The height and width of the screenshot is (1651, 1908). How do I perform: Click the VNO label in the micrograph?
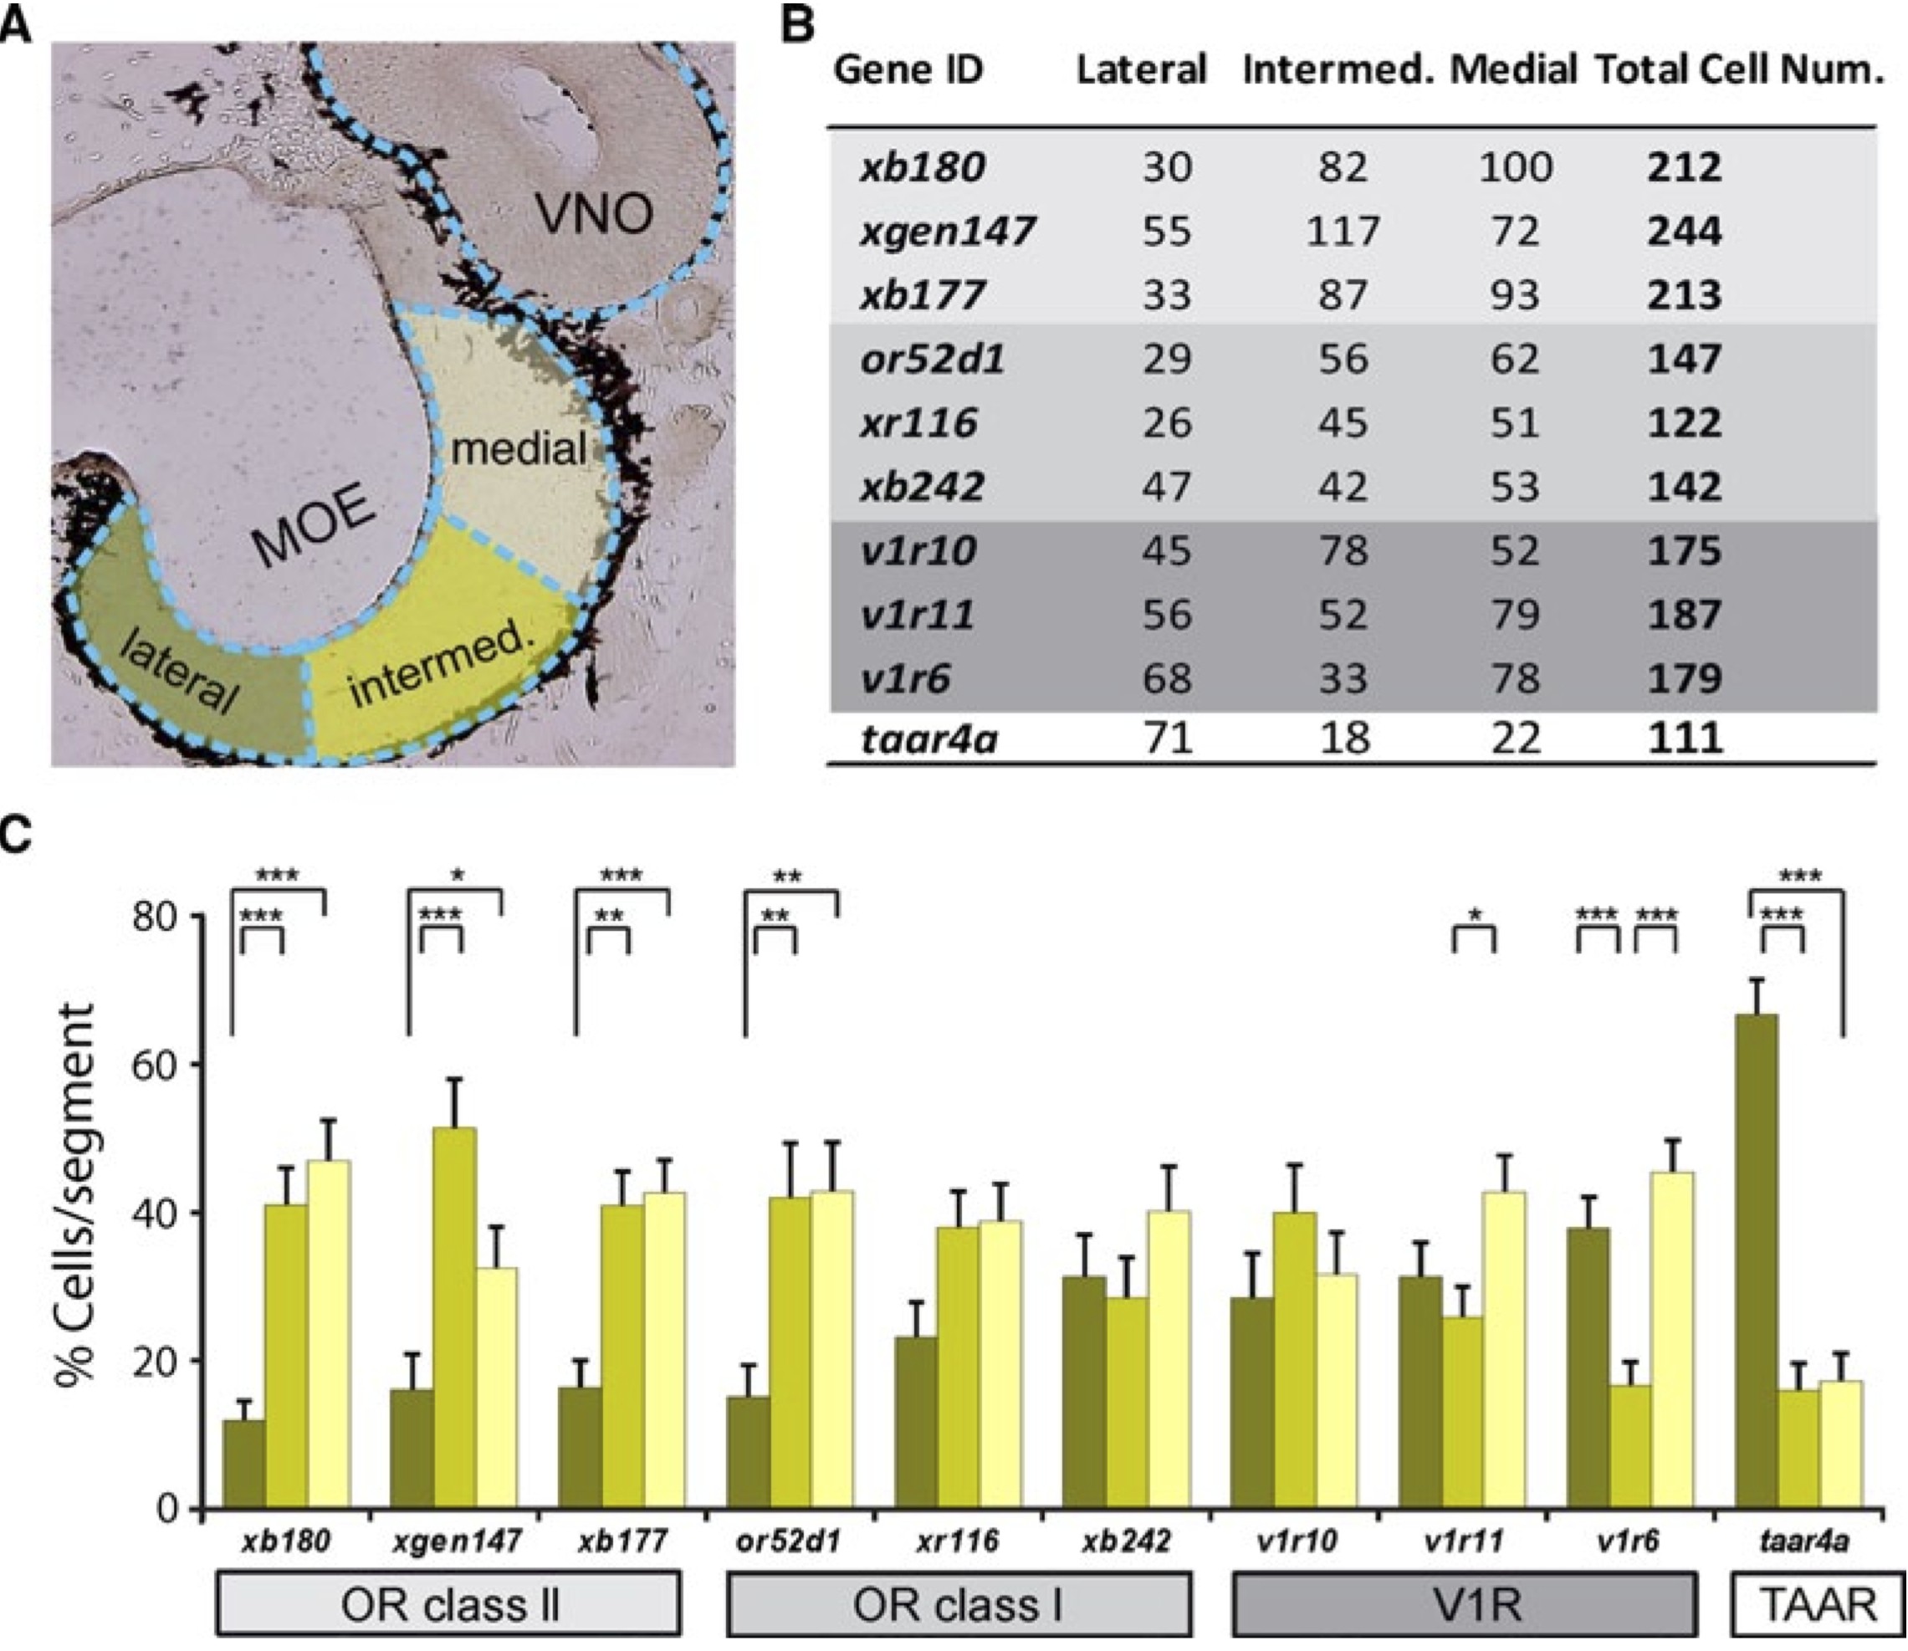tap(596, 214)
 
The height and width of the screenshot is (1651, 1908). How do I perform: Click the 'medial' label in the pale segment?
tap(519, 448)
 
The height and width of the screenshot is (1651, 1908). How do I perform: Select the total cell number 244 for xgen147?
tap(1684, 230)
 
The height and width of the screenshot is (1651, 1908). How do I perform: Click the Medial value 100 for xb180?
tap(1516, 166)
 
